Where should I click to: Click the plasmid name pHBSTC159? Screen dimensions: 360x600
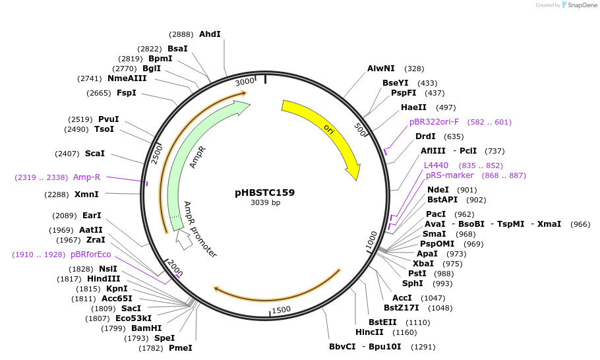coord(264,193)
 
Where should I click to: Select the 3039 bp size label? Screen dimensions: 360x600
coord(264,202)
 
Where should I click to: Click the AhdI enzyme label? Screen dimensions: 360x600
coord(210,34)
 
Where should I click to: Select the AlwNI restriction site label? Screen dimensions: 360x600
coord(380,68)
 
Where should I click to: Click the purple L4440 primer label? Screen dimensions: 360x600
coord(436,165)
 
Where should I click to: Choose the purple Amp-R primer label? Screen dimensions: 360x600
coord(86,177)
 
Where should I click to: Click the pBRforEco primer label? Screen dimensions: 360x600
coord(91,254)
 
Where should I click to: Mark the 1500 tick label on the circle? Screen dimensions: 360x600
coord(281,309)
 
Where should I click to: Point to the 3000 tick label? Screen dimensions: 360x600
coord(245,81)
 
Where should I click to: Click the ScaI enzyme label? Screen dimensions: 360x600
coord(95,153)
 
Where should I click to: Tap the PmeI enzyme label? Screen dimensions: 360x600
coord(181,347)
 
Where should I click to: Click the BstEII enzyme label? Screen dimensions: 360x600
coord(382,322)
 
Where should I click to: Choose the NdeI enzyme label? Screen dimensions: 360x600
coord(438,189)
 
